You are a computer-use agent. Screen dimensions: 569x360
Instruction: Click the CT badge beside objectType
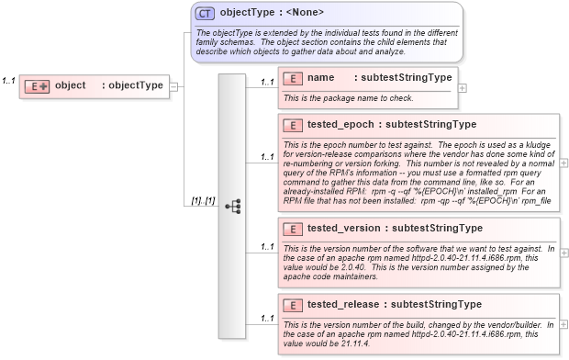pos(205,13)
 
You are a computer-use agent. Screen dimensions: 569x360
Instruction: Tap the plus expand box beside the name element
pos(462,88)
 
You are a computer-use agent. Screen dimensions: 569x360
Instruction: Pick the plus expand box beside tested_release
pos(563,323)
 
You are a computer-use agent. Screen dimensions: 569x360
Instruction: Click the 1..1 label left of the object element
pos(8,81)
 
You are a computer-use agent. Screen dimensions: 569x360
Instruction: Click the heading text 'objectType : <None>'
pos(272,13)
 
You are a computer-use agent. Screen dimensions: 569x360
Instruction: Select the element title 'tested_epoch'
pos(340,124)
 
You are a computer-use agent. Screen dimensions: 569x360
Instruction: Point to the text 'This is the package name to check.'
pos(350,97)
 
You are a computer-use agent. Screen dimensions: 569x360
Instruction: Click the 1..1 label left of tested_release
pos(267,318)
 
